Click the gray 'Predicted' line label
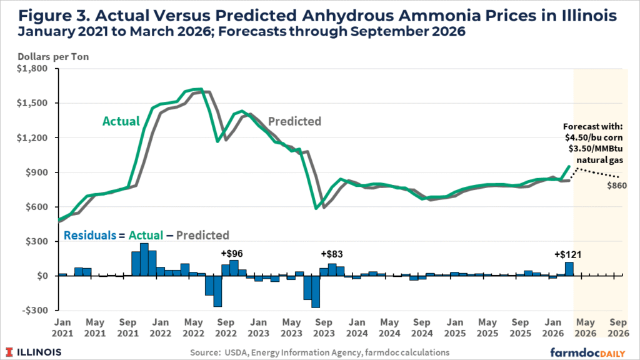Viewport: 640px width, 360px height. tap(294, 121)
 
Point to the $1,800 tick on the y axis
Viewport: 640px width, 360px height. tap(34, 69)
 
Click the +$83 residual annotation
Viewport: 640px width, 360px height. tap(331, 254)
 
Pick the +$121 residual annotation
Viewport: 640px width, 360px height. tap(567, 254)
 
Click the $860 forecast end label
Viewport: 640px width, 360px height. tap(616, 185)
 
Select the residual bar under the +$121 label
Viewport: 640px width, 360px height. tap(569, 269)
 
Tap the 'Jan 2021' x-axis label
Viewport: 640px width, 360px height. tap(62, 328)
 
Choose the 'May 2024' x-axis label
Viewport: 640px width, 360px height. tap(389, 328)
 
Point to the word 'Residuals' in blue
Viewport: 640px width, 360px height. tap(88, 236)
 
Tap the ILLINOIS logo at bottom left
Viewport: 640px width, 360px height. tap(34, 352)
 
